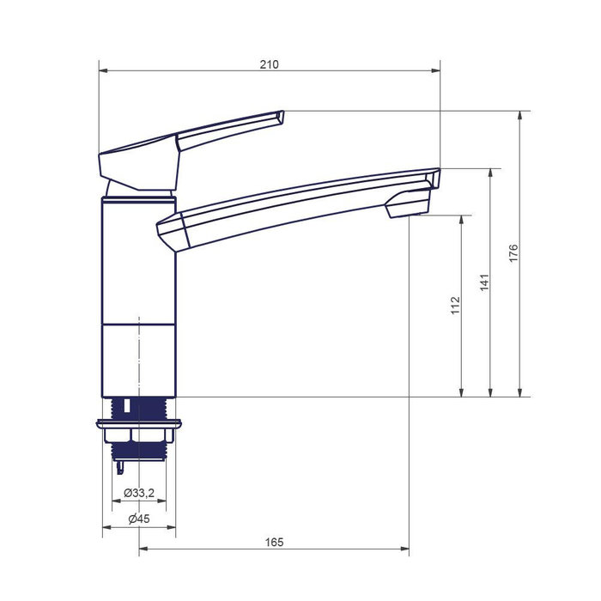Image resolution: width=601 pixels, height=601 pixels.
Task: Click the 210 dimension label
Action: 269,64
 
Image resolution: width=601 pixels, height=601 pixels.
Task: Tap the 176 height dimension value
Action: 513,253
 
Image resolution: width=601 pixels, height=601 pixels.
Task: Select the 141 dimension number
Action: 484,282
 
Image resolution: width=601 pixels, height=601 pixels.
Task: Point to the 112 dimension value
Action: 455,306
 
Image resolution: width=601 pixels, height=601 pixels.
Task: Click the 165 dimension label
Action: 274,543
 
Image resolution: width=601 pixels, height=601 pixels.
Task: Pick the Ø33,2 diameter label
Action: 139,493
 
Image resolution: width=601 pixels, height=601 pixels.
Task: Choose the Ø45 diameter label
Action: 139,519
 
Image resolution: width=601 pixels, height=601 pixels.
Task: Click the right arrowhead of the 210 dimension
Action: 436,70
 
